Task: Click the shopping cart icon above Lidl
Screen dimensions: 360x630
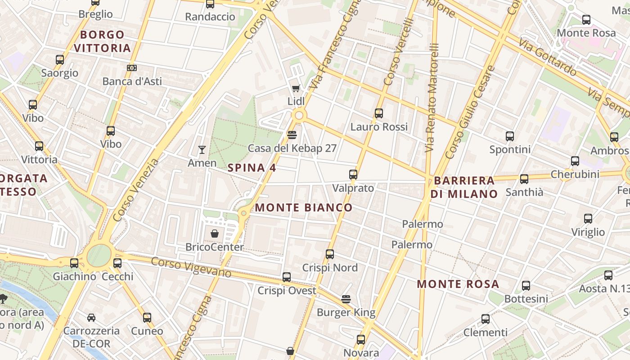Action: tap(296, 88)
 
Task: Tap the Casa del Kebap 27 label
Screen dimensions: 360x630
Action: tap(292, 148)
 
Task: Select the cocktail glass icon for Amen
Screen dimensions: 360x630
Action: tap(202, 150)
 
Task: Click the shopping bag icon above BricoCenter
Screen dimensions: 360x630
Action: tap(215, 234)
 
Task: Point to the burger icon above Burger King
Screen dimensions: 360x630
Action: tap(346, 299)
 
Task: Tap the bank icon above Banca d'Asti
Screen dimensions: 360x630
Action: tap(131, 68)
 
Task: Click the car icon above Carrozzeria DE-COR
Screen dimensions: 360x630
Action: tap(91, 318)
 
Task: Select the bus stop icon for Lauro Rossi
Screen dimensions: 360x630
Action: tap(379, 113)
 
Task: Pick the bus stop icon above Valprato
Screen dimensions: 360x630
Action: tap(353, 175)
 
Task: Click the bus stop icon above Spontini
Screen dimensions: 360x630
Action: tap(510, 136)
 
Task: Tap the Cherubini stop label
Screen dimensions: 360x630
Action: tap(575, 174)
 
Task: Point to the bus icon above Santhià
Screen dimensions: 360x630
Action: tap(524, 179)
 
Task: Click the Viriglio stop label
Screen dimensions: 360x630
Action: tap(588, 232)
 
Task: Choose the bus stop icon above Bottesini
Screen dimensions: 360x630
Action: tap(526, 286)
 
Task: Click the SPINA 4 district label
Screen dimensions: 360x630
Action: tap(252, 168)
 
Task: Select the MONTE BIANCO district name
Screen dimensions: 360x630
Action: tap(304, 207)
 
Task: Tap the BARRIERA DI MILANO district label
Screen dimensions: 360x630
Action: tap(464, 187)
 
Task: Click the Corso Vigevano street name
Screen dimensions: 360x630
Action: tap(191, 267)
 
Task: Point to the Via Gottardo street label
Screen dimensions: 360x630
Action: tap(547, 58)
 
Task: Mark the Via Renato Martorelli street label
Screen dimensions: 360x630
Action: tap(432, 97)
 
